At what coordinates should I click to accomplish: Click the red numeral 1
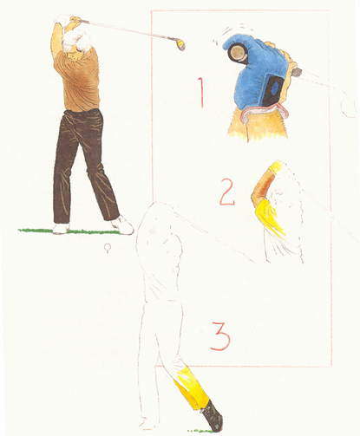(201, 93)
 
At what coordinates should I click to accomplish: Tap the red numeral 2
(228, 192)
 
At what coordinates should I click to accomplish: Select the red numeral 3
(220, 336)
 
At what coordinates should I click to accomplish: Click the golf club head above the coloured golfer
(181, 45)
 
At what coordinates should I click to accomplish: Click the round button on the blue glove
(238, 52)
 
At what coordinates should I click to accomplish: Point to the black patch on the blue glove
(272, 89)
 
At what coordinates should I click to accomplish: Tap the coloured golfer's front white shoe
(123, 225)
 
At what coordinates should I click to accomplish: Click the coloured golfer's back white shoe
(61, 228)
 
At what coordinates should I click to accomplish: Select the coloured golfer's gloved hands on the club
(67, 20)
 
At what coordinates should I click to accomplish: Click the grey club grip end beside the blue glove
(298, 70)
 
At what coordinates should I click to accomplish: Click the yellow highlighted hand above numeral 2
(276, 166)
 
